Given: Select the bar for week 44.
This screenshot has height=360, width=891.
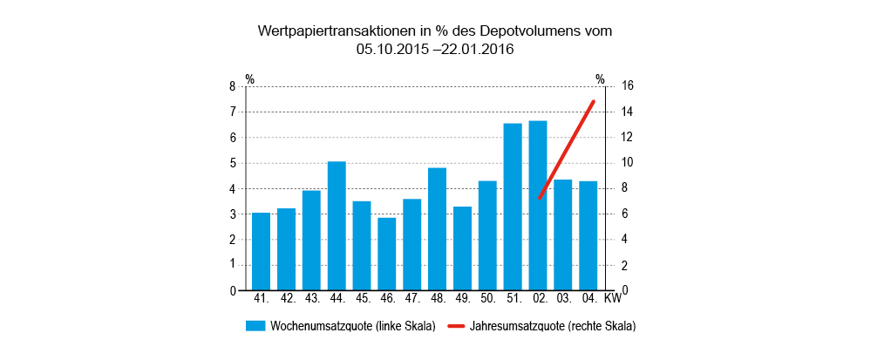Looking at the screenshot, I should tap(337, 226).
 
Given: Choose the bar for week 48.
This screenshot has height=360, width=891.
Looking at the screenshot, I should tap(437, 228).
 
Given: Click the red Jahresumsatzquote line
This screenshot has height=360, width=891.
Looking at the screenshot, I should tap(567, 150).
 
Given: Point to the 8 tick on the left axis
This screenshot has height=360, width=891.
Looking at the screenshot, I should tap(232, 86).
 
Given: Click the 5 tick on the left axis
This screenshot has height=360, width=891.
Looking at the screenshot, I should tap(232, 163).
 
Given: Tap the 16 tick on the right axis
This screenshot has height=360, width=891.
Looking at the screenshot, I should tap(628, 86).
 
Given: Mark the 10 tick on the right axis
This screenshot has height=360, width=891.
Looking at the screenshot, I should tap(628, 163).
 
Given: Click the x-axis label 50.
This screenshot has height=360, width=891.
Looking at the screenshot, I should tap(487, 299).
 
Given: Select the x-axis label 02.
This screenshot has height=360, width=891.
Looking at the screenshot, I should tap(539, 299).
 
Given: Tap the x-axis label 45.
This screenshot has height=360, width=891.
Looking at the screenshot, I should tap(362, 299).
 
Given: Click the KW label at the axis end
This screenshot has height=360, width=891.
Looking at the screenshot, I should tap(613, 299).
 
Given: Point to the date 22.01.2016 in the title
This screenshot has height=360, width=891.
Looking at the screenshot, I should tap(479, 50).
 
